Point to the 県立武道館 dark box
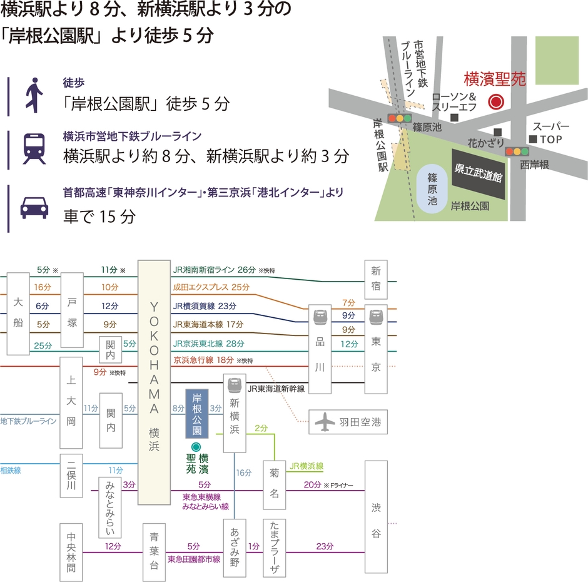480,170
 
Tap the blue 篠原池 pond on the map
432,188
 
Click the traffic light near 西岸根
517,151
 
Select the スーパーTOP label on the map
551,132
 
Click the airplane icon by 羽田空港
324,423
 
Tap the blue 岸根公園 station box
196,413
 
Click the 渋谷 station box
375,516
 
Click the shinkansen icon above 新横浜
236,383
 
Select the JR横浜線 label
307,466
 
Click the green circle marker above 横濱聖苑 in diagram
196,447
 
